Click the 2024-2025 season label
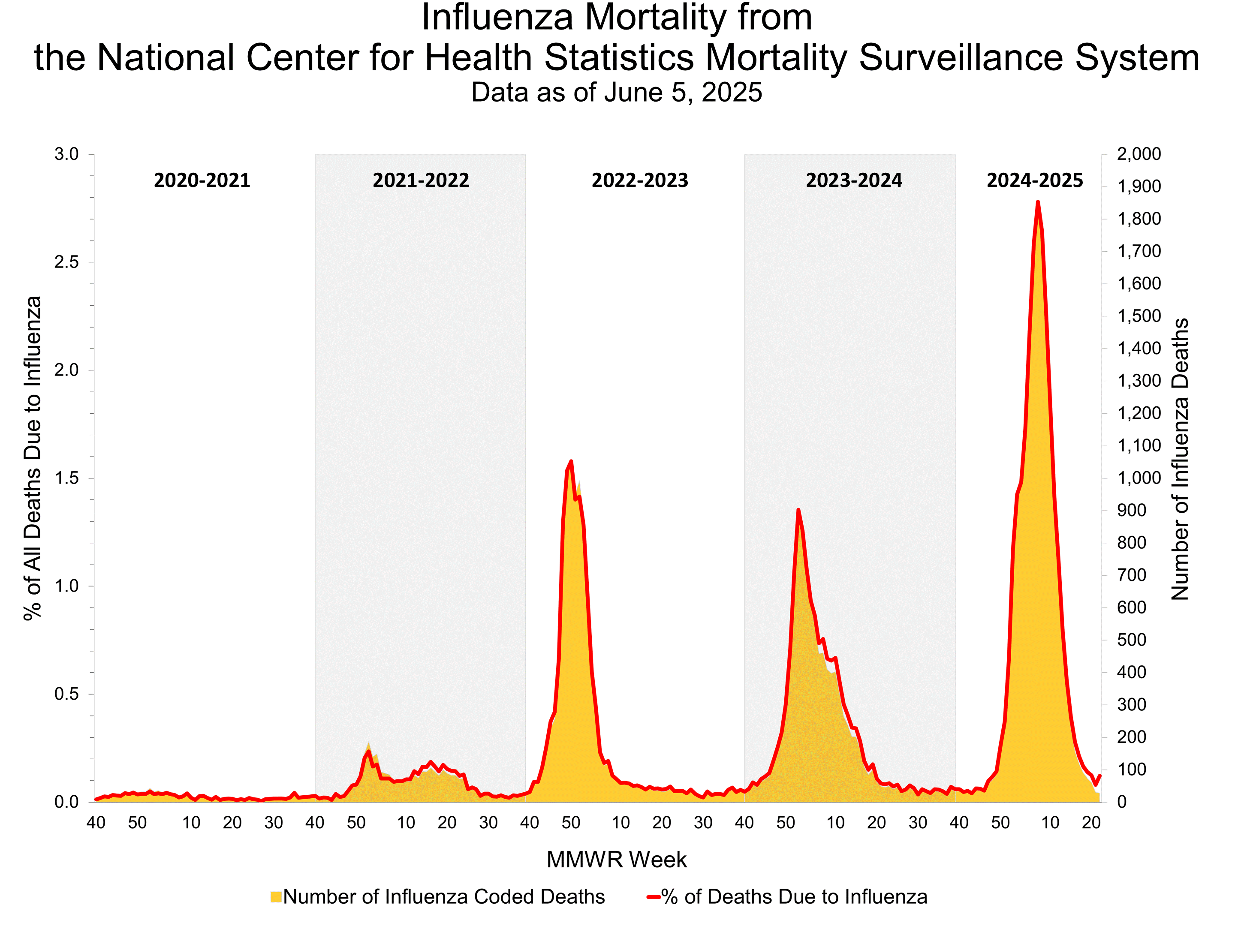pos(1035,180)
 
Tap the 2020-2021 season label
pos(202,180)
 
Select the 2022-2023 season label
pos(639,180)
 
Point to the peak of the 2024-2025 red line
pos(1037,202)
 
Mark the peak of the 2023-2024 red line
pos(798,510)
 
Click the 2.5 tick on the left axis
pos(66,262)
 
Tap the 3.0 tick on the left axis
pos(66,154)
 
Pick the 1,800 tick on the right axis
pos(1139,219)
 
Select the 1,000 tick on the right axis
pos(1139,478)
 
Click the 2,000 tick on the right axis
pos(1139,154)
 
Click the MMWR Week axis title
pos(616,860)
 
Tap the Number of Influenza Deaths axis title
pos(1180,459)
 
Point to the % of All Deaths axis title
pos(33,458)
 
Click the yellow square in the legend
pos(276,897)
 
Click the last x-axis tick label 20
pos(1091,822)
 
